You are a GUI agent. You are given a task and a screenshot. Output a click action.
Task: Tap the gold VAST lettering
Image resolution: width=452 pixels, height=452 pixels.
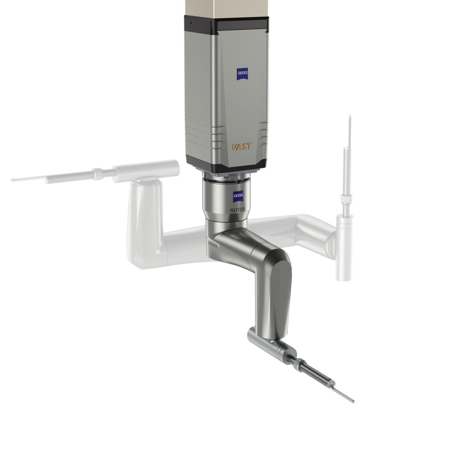[242, 147]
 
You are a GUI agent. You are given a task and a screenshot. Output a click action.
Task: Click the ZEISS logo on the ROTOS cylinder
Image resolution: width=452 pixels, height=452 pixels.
[237, 195]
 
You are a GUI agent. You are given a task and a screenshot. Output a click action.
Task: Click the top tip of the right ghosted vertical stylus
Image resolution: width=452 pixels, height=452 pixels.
[349, 117]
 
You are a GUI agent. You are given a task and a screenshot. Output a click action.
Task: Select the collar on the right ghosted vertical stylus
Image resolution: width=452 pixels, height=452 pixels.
[345, 200]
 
